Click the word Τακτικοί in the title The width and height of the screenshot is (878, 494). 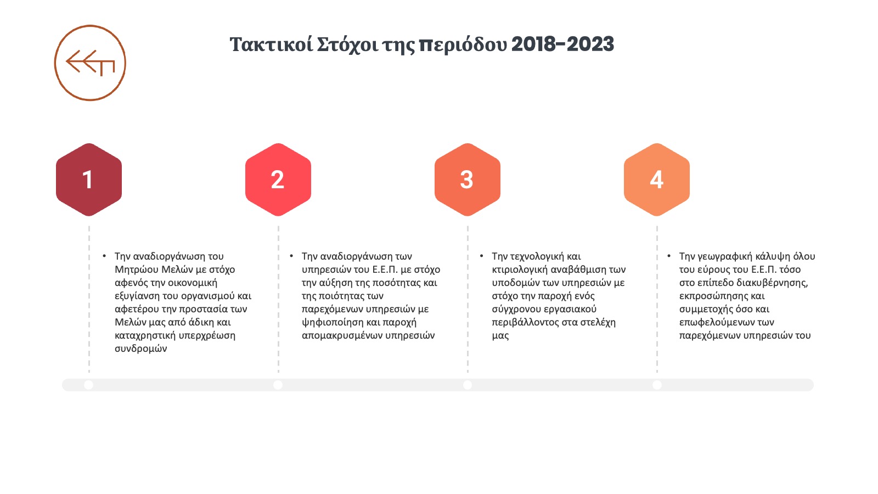pyautogui.click(x=271, y=44)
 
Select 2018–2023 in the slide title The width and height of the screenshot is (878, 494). pyautogui.click(x=562, y=44)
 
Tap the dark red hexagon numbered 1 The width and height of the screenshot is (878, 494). pyautogui.click(x=88, y=179)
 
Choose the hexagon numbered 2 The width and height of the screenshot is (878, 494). pyautogui.click(x=278, y=179)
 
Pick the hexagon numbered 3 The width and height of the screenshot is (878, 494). pyautogui.click(x=467, y=179)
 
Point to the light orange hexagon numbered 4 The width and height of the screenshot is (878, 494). pyautogui.click(x=656, y=179)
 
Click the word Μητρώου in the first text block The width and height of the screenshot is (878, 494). pyautogui.click(x=137, y=270)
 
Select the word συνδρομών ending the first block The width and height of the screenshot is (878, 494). pyautogui.click(x=140, y=349)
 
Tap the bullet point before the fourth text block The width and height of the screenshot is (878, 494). pyautogui.click(x=669, y=256)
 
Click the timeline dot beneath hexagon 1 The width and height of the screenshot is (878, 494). pyautogui.click(x=88, y=385)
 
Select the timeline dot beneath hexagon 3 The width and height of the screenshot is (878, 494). pyautogui.click(x=467, y=385)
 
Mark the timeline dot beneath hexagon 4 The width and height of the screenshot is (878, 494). pyautogui.click(x=657, y=385)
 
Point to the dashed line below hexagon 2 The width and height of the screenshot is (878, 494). pyautogui.click(x=278, y=299)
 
